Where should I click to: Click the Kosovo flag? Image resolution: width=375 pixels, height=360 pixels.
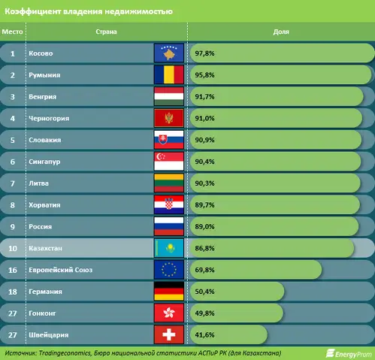pos(169,53)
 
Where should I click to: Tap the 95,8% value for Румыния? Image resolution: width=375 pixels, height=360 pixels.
pos(204,75)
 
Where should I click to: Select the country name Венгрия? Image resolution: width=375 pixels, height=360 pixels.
pos(43,97)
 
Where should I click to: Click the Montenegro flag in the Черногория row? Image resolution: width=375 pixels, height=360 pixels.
pos(169,118)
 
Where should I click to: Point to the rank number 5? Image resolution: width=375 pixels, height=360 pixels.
pos(13,140)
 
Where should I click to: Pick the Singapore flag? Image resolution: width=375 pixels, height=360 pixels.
pos(169,162)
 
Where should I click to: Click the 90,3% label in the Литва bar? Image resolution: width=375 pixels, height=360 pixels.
pos(204,183)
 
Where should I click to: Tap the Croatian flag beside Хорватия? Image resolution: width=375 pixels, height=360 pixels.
pos(169,204)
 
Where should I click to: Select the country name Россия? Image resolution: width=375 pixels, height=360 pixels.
pos(41,227)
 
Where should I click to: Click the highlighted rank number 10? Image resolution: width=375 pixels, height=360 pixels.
pos(13,248)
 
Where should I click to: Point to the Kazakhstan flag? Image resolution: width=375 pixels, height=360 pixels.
pos(169,248)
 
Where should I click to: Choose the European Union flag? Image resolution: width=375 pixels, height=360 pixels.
pos(169,270)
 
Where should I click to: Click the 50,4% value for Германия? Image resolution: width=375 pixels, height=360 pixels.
pos(204,292)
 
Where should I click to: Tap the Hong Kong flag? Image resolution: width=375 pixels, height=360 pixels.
pos(169,313)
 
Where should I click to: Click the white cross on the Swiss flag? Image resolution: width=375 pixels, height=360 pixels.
pos(169,334)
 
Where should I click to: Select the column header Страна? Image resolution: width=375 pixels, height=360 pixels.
pos(106,32)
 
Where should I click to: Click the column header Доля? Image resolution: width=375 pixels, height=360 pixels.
pos(281,32)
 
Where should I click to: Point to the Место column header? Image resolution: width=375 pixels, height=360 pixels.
pos(12,32)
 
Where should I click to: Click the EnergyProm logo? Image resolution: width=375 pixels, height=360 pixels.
pos(349,353)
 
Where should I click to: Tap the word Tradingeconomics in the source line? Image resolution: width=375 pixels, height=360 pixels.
pos(65,353)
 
